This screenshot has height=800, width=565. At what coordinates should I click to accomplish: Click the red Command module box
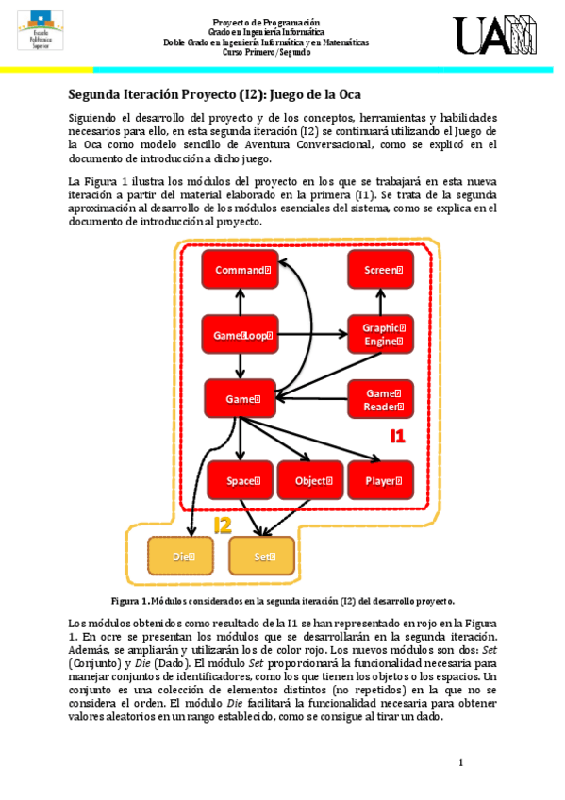click(241, 271)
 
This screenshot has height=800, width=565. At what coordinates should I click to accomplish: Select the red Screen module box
click(382, 271)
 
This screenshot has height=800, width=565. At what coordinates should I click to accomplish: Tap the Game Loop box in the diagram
click(241, 335)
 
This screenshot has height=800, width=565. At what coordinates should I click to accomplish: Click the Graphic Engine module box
click(382, 335)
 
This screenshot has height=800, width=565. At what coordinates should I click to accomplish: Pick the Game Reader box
click(382, 399)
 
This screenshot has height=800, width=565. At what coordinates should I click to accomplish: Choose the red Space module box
click(241, 480)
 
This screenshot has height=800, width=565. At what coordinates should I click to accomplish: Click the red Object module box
click(312, 480)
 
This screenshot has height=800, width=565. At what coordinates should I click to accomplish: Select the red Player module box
click(382, 480)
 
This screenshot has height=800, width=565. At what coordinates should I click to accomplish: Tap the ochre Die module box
click(182, 557)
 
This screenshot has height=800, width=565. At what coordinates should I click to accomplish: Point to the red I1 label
click(398, 436)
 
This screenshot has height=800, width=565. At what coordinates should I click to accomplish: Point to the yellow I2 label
click(223, 525)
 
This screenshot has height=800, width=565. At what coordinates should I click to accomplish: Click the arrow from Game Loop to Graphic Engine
click(311, 334)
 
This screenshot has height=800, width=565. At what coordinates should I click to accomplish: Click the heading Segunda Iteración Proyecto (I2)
click(214, 94)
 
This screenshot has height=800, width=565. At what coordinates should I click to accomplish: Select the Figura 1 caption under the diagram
click(283, 600)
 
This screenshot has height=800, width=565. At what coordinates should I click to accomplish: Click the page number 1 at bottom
click(461, 762)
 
